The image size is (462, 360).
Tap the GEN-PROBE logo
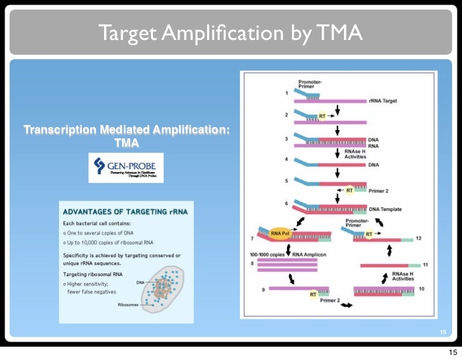125,168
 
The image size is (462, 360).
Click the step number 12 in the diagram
418,238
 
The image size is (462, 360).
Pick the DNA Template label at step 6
385,210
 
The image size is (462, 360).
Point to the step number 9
262,290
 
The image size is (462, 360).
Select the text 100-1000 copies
270,253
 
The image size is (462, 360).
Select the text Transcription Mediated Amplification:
127,131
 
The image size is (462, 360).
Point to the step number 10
421,289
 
